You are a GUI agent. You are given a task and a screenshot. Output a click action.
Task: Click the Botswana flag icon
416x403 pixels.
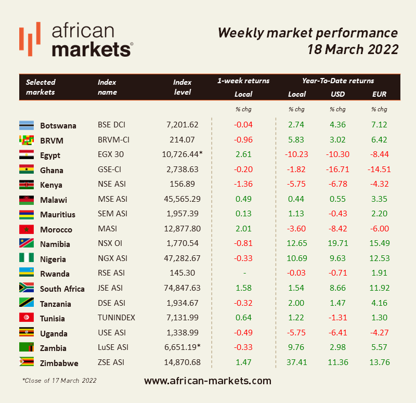(27, 125)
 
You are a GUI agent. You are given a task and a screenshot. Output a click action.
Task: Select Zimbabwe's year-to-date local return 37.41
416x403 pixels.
(297, 362)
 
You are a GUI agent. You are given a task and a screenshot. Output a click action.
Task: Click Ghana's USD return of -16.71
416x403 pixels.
(337, 170)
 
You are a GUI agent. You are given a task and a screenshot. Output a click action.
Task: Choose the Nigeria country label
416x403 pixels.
(53, 259)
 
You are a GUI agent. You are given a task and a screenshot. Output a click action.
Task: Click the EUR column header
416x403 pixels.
(379, 94)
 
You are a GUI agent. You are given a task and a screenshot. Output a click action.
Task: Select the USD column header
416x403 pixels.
(337, 94)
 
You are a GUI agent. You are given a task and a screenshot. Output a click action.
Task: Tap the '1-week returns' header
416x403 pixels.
(243, 81)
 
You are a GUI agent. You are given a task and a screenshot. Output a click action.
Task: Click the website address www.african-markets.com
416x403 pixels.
(207, 381)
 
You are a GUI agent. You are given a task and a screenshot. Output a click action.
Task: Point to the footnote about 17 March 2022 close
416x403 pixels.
(59, 381)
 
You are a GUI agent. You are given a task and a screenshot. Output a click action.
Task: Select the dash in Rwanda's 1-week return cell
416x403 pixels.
(243, 274)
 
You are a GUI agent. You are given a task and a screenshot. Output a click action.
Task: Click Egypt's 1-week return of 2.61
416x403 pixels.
(243, 155)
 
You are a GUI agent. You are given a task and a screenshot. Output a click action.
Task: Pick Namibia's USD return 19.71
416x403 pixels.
(337, 244)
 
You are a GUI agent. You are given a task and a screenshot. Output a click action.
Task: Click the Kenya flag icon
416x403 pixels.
(27, 185)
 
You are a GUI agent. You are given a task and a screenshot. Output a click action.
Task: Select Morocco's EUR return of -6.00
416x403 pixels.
(380, 229)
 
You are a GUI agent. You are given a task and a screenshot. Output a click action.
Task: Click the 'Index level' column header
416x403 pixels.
(183, 87)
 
